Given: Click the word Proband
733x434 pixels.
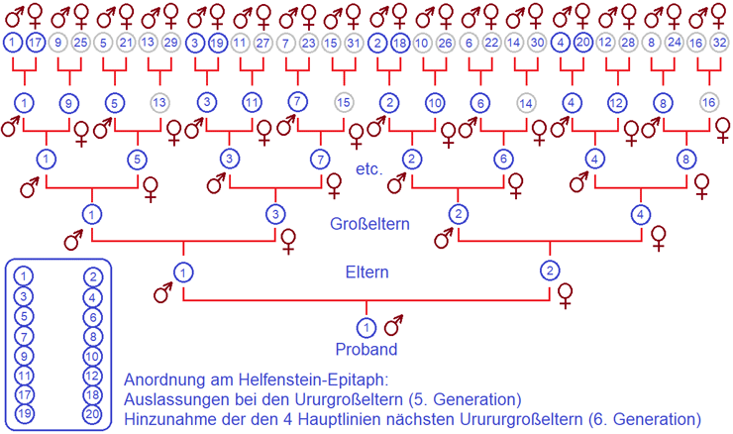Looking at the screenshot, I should pyautogui.click(x=366, y=350).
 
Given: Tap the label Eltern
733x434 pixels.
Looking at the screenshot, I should pyautogui.click(x=367, y=271).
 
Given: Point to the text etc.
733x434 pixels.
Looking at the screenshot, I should pyautogui.click(x=368, y=168).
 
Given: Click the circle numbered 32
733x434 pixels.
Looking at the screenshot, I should pyautogui.click(x=720, y=43).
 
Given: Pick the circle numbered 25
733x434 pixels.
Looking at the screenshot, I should pyautogui.click(x=81, y=43).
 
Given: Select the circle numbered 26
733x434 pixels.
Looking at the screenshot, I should pyautogui.click(x=446, y=43).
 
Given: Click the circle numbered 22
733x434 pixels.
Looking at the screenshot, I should pyautogui.click(x=491, y=43).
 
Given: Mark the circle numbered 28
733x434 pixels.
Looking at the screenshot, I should pyautogui.click(x=628, y=43).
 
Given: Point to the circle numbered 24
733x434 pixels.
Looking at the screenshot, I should pyautogui.click(x=675, y=43).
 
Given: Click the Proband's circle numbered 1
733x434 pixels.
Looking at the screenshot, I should pyautogui.click(x=366, y=328).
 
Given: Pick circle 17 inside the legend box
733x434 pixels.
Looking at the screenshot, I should pyautogui.click(x=26, y=394).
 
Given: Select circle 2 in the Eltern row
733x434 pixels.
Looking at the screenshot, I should pyautogui.click(x=549, y=271).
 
